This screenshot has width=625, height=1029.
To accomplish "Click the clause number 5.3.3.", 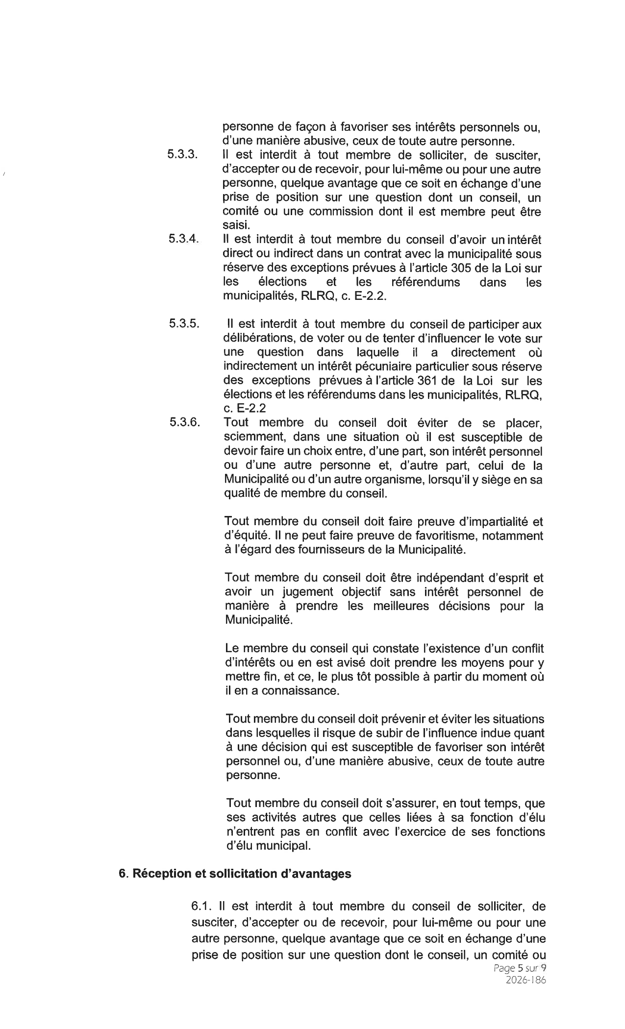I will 182,155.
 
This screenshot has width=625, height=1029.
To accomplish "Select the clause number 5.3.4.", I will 183,239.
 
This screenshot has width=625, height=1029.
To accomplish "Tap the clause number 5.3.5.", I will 184,323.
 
